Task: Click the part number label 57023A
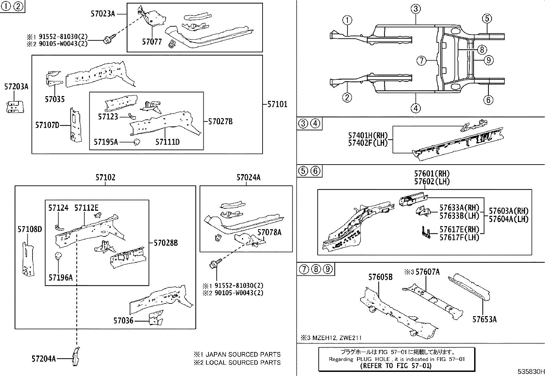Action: pos(103,14)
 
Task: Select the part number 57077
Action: pos(152,42)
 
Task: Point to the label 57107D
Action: pos(47,125)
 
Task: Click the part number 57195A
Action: pos(106,142)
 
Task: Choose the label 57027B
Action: pos(220,121)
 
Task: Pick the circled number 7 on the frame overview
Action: pos(421,61)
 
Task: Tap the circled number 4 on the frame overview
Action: pos(415,108)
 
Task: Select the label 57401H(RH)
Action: pos(368,136)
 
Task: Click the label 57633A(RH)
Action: pos(459,208)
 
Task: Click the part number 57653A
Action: pos(484,320)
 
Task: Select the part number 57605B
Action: pos(380,277)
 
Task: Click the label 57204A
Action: pos(43,359)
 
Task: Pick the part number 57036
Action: pos(123,321)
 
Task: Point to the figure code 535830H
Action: pos(530,372)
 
